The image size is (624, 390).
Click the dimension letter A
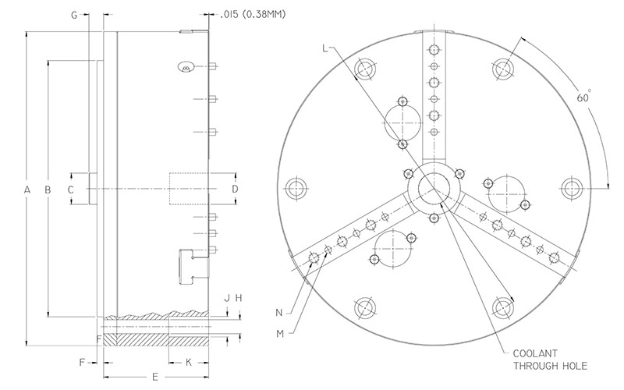click(x=27, y=190)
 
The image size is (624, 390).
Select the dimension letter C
click(x=70, y=190)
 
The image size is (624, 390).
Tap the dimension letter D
click(x=234, y=190)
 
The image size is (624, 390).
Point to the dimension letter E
click(x=154, y=377)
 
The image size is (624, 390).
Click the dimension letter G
click(x=73, y=15)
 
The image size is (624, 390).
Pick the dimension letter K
click(x=188, y=363)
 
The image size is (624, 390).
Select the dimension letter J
click(x=227, y=298)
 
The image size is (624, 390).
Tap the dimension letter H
click(x=239, y=298)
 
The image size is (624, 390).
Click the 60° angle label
click(x=583, y=98)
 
